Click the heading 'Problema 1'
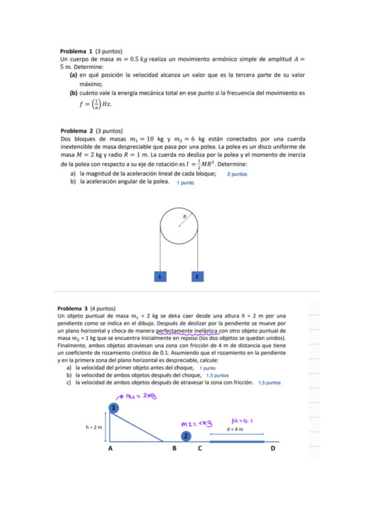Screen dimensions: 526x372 coord(76,51)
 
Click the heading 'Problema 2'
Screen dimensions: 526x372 coord(76,131)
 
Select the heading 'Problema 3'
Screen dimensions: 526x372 coord(73,308)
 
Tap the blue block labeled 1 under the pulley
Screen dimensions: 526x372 coord(160,276)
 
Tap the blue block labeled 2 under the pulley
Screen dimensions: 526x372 coord(197,276)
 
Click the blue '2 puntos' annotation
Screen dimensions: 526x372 coord(237,174)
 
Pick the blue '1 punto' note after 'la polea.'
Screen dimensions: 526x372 coord(185,183)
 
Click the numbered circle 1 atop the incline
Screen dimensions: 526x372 coord(114,407)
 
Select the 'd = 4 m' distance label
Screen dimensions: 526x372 coord(235,429)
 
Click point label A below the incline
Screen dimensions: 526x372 coord(110,448)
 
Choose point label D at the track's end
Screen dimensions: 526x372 coord(273,448)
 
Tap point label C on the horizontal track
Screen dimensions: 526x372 coord(199,448)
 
